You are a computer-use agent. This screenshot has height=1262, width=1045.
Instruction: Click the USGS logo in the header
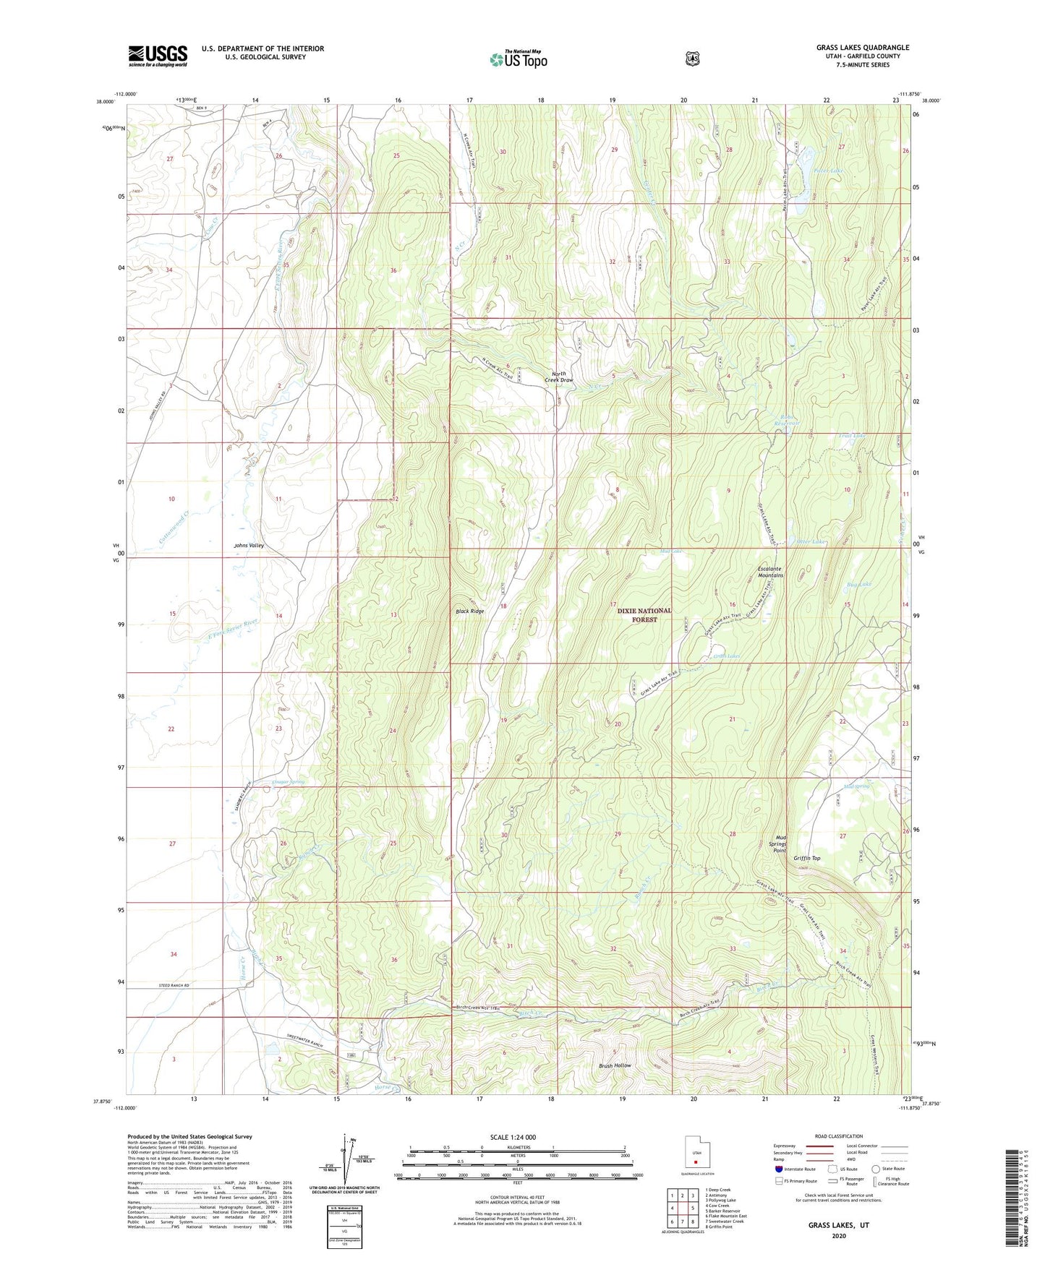click(158, 56)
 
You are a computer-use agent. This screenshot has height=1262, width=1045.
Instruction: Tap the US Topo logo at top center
click(518, 59)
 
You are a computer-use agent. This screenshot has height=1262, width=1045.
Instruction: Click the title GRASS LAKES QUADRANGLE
click(853, 48)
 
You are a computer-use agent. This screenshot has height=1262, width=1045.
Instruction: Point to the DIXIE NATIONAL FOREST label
click(644, 615)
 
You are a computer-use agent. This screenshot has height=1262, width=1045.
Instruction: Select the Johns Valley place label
click(248, 546)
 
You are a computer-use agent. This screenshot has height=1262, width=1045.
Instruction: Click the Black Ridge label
click(469, 611)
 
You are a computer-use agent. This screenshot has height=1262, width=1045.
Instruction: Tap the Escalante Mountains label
click(769, 572)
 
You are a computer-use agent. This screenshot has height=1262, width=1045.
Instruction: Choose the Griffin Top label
click(806, 858)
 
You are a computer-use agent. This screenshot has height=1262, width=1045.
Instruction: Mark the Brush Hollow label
click(615, 1065)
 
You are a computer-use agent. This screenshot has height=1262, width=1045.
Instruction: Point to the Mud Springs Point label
click(778, 844)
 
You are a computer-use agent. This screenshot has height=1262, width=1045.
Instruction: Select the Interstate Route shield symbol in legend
click(778, 1169)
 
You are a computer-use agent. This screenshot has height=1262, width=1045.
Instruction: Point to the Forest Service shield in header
click(693, 58)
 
